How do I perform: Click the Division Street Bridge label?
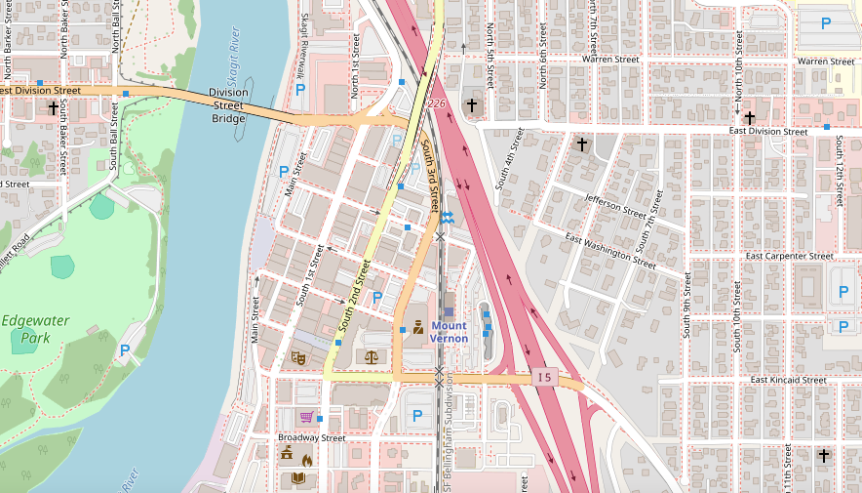[229, 105]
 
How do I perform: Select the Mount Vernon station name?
[449, 332]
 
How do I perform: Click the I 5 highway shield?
[544, 377]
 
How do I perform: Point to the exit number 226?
[436, 103]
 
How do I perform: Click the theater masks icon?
[299, 358]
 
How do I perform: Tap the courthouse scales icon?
[371, 357]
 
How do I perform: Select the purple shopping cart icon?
[305, 417]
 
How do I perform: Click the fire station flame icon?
[306, 460]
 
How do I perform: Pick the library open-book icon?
[299, 478]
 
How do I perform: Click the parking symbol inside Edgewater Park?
[125, 349]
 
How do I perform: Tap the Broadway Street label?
[312, 438]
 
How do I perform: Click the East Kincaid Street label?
[788, 380]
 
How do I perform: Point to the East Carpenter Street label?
[789, 256]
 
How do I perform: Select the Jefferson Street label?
[615, 205]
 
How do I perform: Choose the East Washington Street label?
[609, 251]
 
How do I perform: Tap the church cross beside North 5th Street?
[472, 104]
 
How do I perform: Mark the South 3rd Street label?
[430, 177]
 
